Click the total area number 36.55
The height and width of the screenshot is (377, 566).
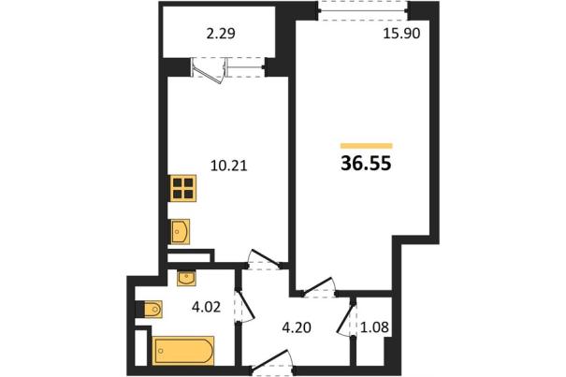(x=366, y=164)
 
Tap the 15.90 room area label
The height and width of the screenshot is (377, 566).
(x=401, y=34)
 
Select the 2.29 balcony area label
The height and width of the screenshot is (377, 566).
(x=221, y=34)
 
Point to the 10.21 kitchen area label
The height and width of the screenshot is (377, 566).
(x=229, y=167)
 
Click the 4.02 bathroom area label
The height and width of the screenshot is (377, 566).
(x=206, y=308)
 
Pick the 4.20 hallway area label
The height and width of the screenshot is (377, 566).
(x=296, y=328)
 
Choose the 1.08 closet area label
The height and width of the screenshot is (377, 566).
(x=375, y=327)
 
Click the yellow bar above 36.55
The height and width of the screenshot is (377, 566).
(x=367, y=146)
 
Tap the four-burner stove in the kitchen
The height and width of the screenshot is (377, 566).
(x=182, y=188)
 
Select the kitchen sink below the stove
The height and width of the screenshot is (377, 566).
(x=180, y=231)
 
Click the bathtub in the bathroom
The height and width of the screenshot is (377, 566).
(x=183, y=351)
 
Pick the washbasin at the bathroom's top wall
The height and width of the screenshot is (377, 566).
(x=186, y=278)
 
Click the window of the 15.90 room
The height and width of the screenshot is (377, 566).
(x=364, y=10)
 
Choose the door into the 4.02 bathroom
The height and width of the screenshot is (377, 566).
(x=246, y=306)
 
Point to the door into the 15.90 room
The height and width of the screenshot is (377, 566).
(x=318, y=286)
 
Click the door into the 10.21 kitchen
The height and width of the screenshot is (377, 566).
(x=267, y=258)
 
